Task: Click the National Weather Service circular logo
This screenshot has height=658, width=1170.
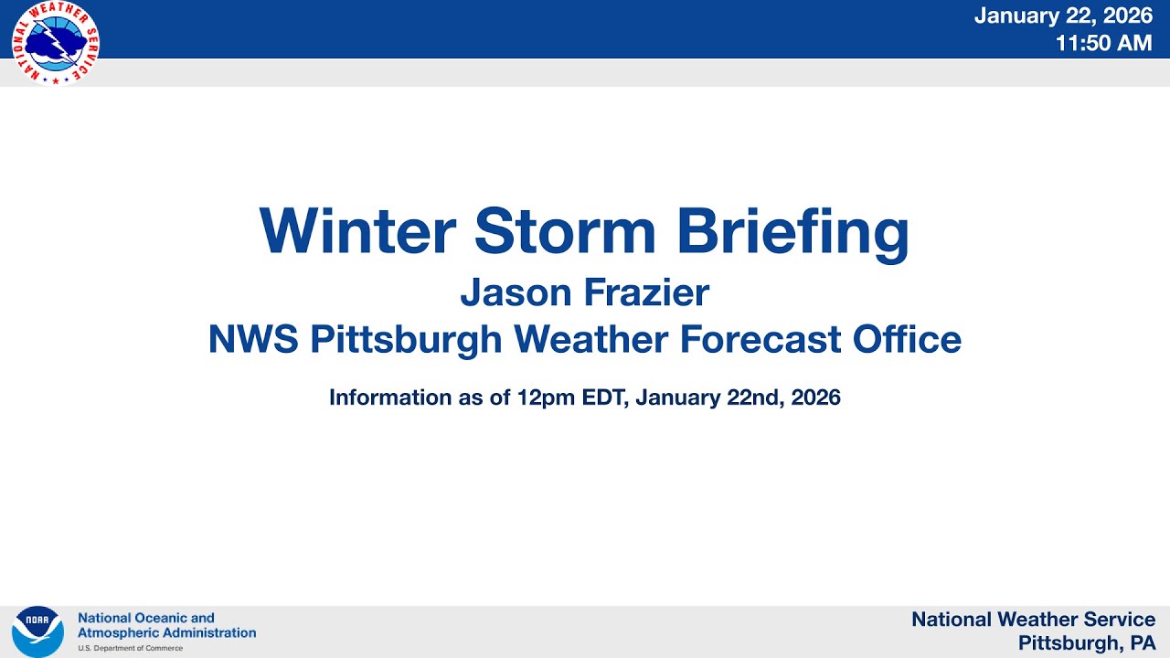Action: click(x=55, y=43)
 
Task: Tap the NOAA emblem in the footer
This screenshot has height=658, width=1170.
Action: click(x=37, y=631)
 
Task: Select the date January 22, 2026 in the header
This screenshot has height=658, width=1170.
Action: click(x=1063, y=16)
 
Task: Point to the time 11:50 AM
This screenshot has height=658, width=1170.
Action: click(x=1103, y=43)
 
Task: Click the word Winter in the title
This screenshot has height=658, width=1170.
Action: click(x=357, y=231)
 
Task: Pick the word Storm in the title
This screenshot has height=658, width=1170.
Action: click(x=565, y=231)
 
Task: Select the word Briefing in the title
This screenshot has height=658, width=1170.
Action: click(x=792, y=231)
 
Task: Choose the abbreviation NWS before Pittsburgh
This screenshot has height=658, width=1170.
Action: click(x=253, y=340)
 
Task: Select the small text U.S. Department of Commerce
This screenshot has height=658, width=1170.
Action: click(x=130, y=648)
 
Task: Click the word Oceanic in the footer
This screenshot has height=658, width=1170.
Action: click(x=160, y=619)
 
